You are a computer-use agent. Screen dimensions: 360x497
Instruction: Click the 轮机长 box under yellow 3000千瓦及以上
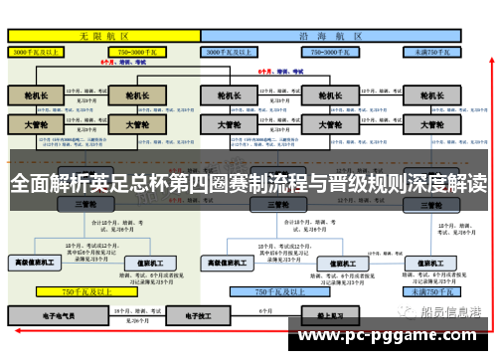click(35, 96)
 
